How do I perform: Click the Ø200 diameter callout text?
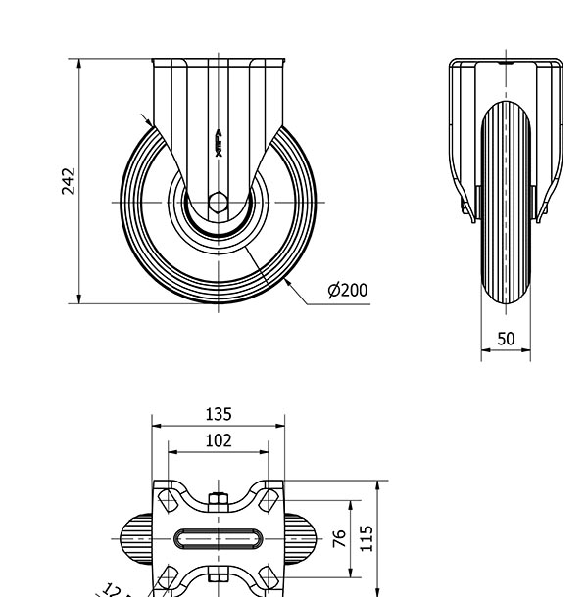click(x=348, y=290)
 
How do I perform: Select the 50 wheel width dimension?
click(x=506, y=340)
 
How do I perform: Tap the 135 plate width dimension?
click(x=219, y=415)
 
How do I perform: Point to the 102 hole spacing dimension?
click(x=219, y=441)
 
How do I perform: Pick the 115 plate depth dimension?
click(x=367, y=538)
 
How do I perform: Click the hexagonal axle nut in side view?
click(x=219, y=203)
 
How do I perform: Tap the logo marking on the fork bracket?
click(x=219, y=143)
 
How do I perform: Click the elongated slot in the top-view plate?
click(x=219, y=539)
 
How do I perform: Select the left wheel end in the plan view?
click(x=135, y=539)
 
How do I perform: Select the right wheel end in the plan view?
click(x=302, y=539)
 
